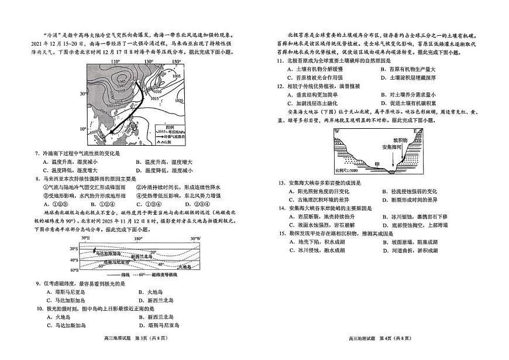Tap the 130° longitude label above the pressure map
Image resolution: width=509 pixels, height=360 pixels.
[x=149, y=61]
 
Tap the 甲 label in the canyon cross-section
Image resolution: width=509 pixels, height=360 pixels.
[x=377, y=164]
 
